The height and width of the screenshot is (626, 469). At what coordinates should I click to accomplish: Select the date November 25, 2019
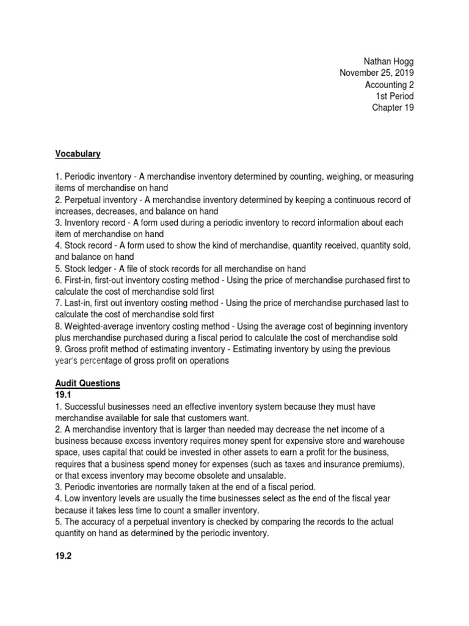tap(377, 73)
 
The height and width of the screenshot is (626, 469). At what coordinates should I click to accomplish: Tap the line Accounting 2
tap(389, 85)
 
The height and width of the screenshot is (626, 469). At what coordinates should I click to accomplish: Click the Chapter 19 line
tap(393, 108)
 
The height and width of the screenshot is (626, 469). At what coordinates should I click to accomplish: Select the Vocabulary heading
tap(78, 153)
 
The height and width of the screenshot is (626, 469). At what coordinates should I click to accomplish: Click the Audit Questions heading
tap(87, 383)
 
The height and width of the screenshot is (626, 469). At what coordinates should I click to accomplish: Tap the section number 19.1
tap(64, 395)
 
